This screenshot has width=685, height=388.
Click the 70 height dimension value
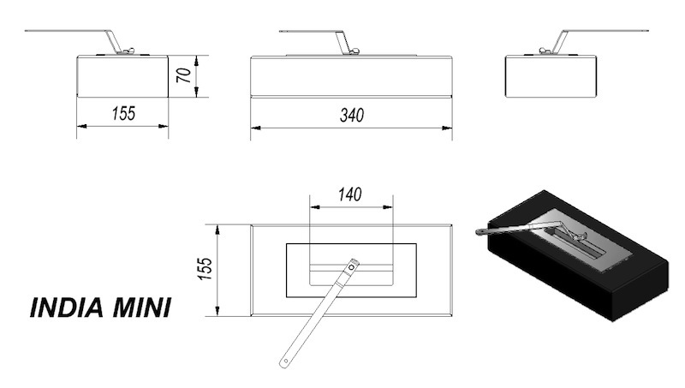click(184, 75)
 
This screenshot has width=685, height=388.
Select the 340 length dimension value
click(352, 116)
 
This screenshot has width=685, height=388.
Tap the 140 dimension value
click(350, 195)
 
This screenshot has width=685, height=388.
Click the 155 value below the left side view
click(123, 114)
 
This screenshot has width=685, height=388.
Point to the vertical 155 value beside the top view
click(205, 269)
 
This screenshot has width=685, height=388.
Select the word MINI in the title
click(141, 307)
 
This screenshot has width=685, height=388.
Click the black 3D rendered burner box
click(579, 255)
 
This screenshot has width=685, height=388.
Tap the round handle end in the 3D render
click(479, 231)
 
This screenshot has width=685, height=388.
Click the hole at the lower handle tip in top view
click(286, 361)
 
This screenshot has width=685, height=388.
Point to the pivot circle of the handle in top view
click(352, 267)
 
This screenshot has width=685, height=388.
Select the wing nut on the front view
click(354, 51)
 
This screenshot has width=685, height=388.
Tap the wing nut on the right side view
click(545, 51)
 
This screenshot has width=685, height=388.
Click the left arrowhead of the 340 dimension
click(255, 128)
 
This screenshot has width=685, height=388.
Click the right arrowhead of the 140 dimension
click(388, 207)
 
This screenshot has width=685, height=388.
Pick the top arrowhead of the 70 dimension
click(197, 61)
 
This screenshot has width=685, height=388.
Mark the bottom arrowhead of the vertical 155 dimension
click(217, 311)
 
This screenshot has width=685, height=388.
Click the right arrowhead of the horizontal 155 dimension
click(164, 126)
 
